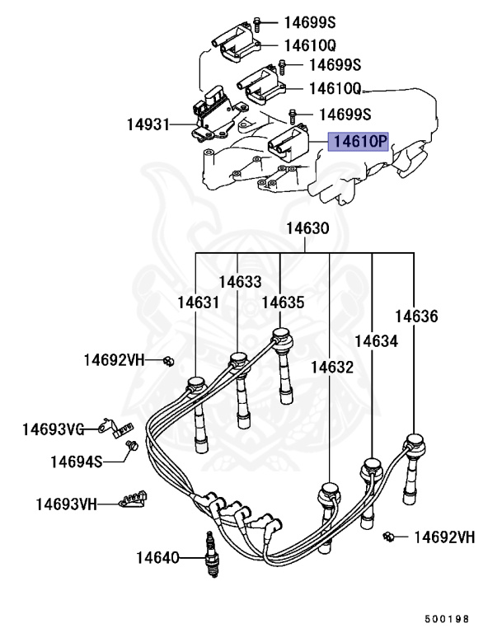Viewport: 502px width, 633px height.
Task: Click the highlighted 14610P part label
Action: coord(359,142)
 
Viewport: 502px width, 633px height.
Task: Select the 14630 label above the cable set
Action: coord(307,229)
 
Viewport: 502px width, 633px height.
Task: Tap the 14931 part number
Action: coord(148,125)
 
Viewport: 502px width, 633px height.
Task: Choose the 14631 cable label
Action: coord(199,302)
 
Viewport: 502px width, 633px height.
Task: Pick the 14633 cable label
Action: coord(241,281)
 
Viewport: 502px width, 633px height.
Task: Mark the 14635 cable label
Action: coord(283,302)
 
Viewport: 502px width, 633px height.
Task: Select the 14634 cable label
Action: coord(376,340)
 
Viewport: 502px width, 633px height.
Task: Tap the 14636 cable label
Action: coord(415,316)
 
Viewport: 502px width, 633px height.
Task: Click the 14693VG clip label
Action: coord(54,429)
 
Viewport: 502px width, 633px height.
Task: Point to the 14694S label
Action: coord(76,462)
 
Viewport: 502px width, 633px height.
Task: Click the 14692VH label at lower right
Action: coord(444,537)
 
